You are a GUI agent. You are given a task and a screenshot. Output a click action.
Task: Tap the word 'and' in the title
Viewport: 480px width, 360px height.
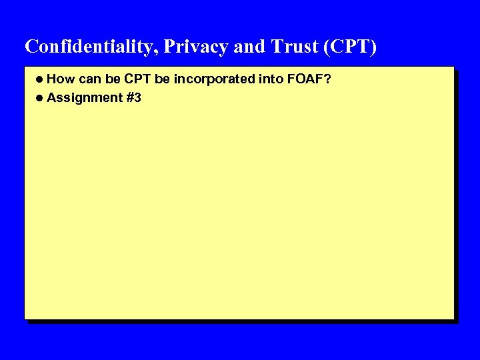pos(250,46)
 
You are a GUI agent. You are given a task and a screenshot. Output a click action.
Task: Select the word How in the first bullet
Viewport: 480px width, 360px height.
pos(61,79)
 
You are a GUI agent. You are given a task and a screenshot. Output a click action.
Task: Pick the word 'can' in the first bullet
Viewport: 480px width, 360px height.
pos(90,79)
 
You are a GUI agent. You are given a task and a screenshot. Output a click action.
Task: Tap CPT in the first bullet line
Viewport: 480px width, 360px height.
pos(137,79)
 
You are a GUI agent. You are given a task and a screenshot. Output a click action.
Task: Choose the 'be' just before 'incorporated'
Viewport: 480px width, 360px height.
pos(162,79)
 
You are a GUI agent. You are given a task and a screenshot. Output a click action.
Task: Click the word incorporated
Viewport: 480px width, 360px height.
pos(214,79)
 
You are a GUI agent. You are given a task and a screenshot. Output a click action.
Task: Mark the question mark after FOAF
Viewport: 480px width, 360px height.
pos(328,79)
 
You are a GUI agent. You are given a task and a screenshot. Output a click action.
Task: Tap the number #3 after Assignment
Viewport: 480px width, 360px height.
pos(133,98)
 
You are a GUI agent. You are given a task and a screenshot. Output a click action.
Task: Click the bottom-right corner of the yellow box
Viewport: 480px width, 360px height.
pos(452,317)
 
